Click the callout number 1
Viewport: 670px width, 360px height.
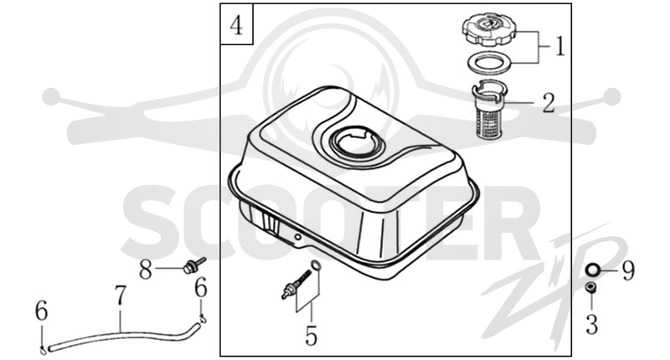click(x=559, y=46)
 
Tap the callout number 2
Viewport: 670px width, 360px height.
click(x=549, y=103)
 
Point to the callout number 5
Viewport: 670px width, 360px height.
click(x=311, y=335)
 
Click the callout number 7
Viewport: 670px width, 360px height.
click(x=121, y=296)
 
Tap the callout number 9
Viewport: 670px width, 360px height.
click(x=627, y=270)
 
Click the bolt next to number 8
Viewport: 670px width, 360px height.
click(x=193, y=265)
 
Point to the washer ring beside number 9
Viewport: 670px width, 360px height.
click(x=593, y=270)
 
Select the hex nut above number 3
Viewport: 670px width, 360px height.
click(x=591, y=288)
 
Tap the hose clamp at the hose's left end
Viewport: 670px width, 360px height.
click(x=44, y=350)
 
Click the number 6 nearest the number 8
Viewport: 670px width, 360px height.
click(x=201, y=288)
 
